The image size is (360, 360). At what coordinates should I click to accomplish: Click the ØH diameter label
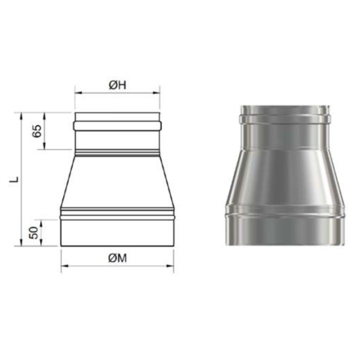click(117, 85)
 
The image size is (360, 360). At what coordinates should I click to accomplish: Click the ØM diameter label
click(117, 258)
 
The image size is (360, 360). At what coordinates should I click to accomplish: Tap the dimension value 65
click(37, 131)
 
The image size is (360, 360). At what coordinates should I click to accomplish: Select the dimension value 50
click(34, 232)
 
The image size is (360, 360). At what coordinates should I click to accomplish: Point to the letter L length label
click(14, 179)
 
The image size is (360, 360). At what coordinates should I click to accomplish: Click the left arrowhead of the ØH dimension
click(78, 93)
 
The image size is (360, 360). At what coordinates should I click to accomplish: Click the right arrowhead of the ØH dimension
click(156, 93)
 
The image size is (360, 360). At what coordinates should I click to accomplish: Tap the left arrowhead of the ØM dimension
click(64, 266)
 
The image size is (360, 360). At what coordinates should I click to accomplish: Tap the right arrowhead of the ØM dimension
click(170, 266)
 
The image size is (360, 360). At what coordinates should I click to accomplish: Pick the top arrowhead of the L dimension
click(21, 116)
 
